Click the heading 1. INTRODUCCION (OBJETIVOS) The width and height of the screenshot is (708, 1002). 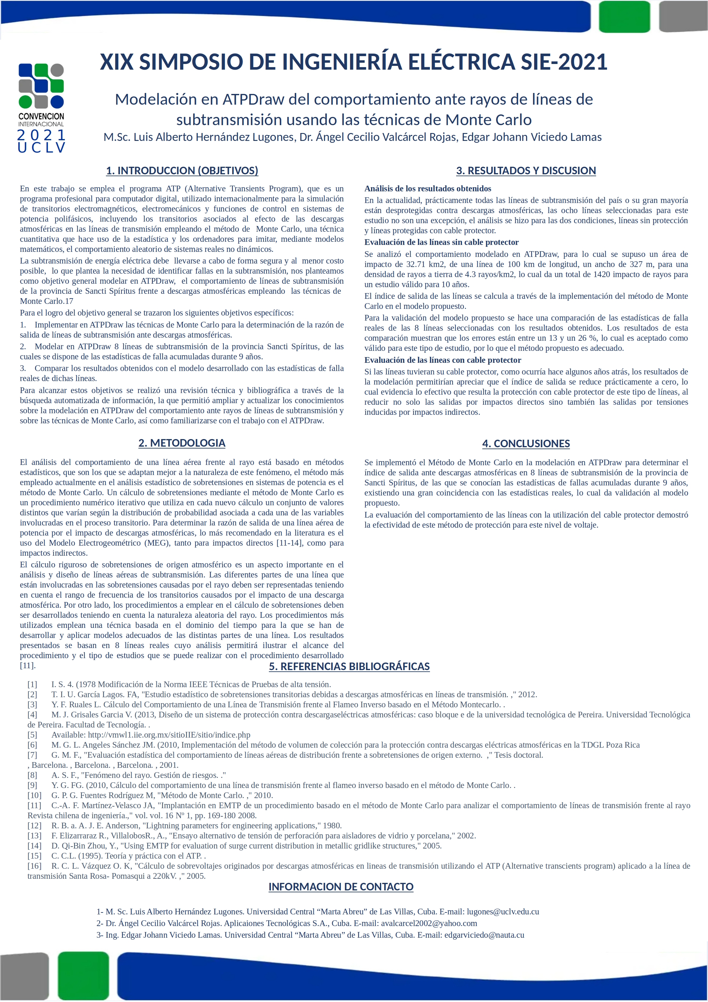pyautogui.click(x=182, y=171)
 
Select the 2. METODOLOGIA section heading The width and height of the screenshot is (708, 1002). pyautogui.click(x=182, y=443)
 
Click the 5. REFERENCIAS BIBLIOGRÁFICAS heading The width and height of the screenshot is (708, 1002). pyautogui.click(x=349, y=666)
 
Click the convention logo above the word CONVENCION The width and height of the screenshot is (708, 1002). pyautogui.click(x=42, y=86)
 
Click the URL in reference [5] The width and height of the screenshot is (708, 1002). pyautogui.click(x=169, y=735)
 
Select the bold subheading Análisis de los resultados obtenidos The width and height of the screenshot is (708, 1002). pyautogui.click(x=428, y=188)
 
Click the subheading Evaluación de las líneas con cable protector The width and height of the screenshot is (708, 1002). pyautogui.click(x=443, y=360)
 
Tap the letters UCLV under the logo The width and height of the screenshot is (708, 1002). pyautogui.click(x=42, y=148)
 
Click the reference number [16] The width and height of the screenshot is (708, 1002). pyautogui.click(x=34, y=866)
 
